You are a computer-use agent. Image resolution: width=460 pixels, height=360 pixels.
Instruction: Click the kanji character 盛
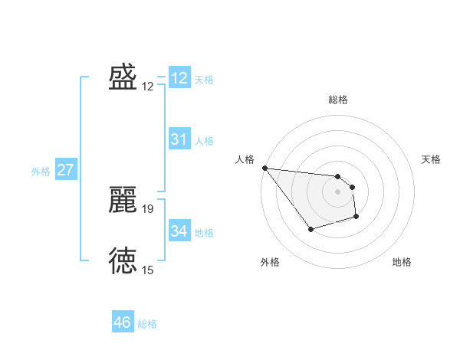[123, 77]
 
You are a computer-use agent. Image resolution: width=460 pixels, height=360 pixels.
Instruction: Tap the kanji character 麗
[123, 200]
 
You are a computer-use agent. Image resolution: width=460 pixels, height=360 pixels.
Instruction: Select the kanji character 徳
[123, 260]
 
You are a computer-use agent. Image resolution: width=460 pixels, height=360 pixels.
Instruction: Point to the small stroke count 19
[148, 208]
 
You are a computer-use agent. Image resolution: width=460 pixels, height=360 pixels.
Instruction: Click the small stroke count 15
[148, 270]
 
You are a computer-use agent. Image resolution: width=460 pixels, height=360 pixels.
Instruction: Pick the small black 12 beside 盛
[148, 87]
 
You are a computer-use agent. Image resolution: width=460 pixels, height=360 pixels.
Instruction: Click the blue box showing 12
[179, 78]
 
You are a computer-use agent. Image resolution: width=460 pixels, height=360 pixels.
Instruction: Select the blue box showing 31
[179, 139]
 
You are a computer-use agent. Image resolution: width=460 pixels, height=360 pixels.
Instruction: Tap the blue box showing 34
[179, 231]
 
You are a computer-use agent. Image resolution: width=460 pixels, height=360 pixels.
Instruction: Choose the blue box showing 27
[65, 170]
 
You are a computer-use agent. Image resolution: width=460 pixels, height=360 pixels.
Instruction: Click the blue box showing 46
[122, 322]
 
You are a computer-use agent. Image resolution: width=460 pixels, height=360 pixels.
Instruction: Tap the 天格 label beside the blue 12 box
[204, 80]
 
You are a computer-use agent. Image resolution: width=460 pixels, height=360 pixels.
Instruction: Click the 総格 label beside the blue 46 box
[147, 324]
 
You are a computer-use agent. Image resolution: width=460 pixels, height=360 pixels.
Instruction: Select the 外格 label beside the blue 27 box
[41, 172]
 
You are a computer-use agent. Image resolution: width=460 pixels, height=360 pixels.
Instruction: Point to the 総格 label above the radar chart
[337, 100]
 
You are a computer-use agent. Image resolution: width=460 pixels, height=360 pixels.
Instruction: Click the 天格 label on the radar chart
[432, 159]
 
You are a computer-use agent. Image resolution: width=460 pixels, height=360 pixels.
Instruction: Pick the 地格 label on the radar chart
[402, 262]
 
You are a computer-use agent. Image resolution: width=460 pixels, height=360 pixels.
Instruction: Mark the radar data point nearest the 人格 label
[264, 168]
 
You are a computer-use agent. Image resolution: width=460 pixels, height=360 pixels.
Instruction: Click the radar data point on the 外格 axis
[310, 229]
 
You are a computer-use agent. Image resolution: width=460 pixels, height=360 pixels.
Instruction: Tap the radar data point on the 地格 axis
[356, 218]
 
